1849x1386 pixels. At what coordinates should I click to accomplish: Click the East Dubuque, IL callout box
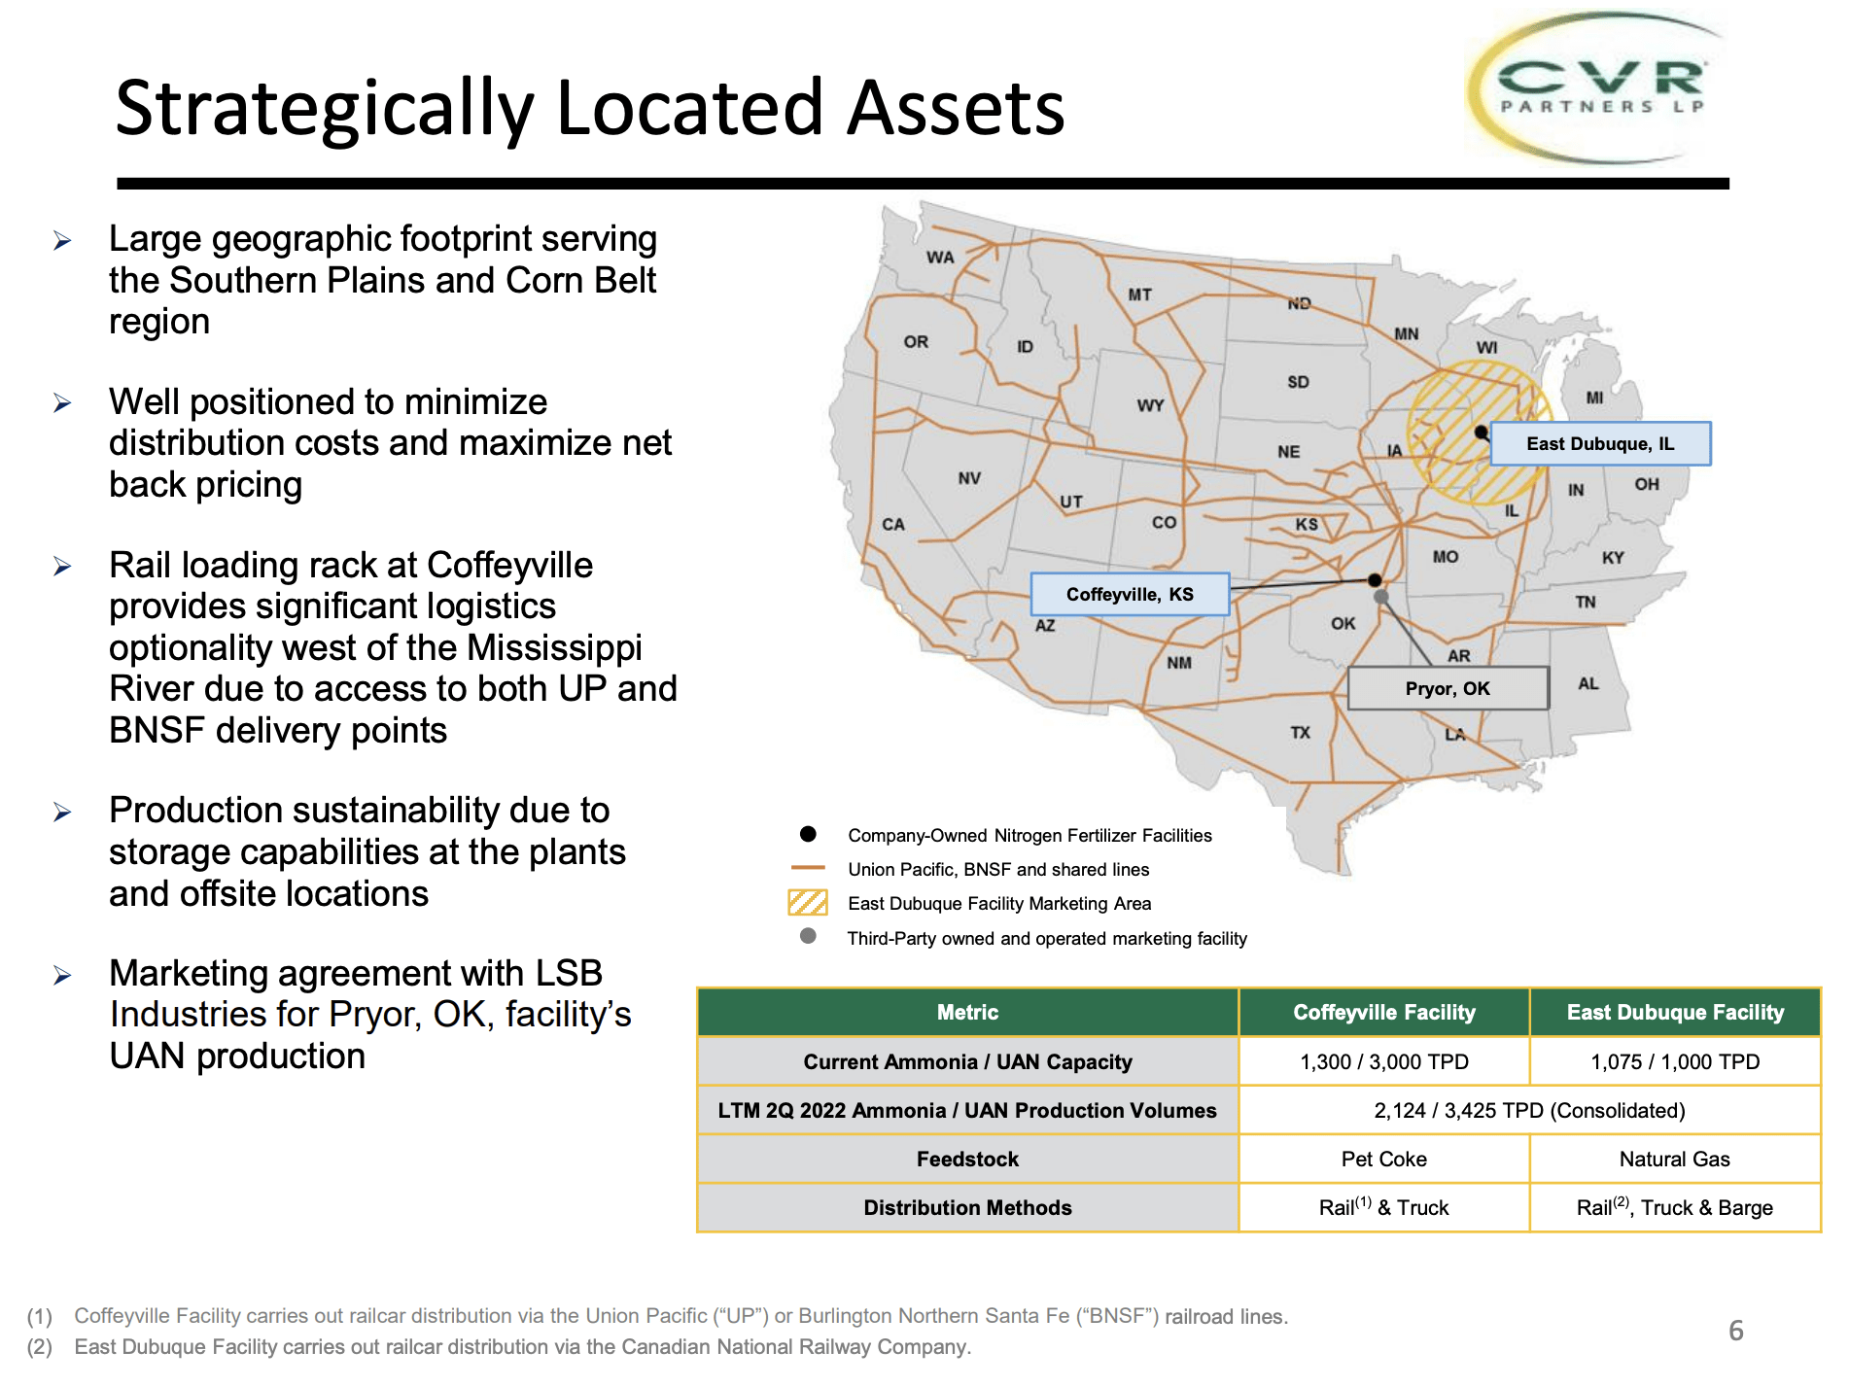point(1600,444)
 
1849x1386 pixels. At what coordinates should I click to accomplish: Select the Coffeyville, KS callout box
point(1130,594)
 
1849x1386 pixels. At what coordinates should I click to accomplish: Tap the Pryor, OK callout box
point(1448,688)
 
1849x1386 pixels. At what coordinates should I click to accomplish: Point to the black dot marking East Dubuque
point(1481,432)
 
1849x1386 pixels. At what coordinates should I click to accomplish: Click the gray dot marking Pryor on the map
point(1381,597)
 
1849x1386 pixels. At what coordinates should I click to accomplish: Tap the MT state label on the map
point(1139,295)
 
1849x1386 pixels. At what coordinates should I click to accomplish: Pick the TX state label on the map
point(1300,732)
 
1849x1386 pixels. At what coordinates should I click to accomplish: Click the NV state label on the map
point(969,478)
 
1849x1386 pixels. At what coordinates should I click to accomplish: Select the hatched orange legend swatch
point(808,903)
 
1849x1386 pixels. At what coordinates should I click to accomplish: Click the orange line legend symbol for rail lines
point(808,867)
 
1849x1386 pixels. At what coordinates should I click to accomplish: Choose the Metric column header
point(967,1012)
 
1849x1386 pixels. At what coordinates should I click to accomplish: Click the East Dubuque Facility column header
point(1674,1012)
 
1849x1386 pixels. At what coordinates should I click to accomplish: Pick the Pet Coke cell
point(1383,1159)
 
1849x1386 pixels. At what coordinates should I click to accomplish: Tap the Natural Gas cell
point(1674,1159)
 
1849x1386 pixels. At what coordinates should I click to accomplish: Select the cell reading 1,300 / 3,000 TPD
point(1383,1061)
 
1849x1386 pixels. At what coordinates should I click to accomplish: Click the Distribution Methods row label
point(967,1207)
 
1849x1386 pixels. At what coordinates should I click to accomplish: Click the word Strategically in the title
point(325,109)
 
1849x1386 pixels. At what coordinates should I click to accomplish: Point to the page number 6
point(1735,1331)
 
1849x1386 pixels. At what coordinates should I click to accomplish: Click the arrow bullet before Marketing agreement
point(62,975)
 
